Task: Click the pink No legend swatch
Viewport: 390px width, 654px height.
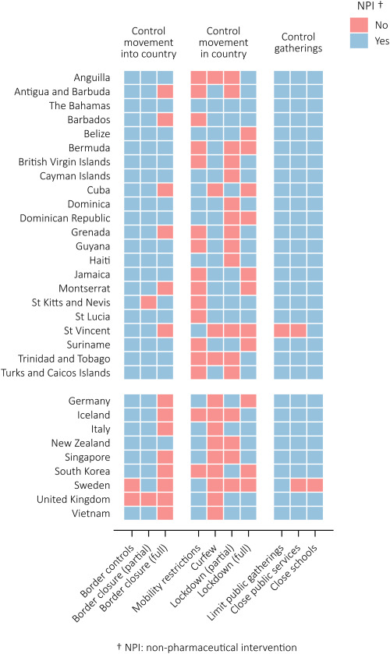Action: click(359, 25)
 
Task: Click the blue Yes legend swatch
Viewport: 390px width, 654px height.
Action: click(359, 41)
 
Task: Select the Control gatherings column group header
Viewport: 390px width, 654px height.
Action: click(298, 43)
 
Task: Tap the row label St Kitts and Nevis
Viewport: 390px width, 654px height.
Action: click(71, 302)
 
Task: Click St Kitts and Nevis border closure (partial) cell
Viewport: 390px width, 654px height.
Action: click(149, 302)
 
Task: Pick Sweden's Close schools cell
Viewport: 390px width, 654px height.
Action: click(315, 485)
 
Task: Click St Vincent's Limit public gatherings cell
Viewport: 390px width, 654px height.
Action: click(282, 331)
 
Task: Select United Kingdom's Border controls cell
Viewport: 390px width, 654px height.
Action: click(132, 499)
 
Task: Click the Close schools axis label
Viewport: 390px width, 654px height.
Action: click(294, 568)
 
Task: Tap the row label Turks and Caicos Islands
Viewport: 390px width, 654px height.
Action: click(55, 373)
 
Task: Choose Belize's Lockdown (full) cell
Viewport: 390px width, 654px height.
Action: click(249, 133)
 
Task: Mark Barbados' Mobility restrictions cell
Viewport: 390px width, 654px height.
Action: click(199, 119)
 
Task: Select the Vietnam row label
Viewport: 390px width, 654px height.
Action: click(91, 514)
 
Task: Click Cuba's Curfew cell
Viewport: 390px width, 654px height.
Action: click(215, 189)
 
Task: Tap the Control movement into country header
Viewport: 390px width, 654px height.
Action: click(149, 43)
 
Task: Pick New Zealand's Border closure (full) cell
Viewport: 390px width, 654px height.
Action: click(165, 443)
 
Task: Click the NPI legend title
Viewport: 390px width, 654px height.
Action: click(370, 5)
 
